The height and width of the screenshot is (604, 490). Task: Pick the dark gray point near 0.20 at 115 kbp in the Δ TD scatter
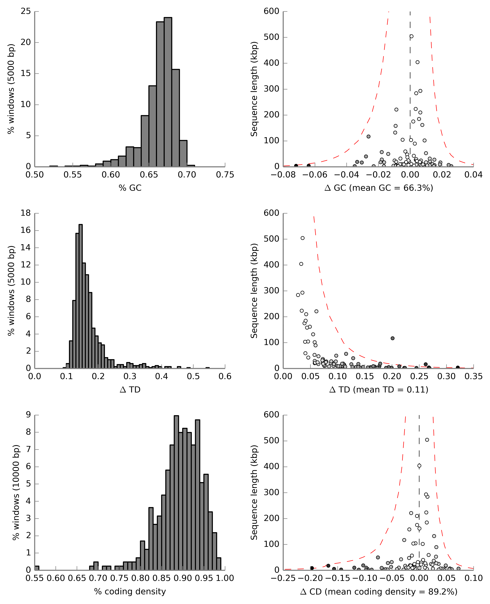click(392, 338)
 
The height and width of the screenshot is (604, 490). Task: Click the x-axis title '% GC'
click(130, 188)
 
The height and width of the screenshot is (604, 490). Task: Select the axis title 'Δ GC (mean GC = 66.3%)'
click(379, 188)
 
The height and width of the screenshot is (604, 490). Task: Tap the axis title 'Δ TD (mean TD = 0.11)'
click(379, 390)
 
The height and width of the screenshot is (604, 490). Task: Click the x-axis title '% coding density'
click(130, 592)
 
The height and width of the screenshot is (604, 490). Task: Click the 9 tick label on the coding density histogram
click(28, 415)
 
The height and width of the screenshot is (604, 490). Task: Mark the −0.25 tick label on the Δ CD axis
click(283, 578)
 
